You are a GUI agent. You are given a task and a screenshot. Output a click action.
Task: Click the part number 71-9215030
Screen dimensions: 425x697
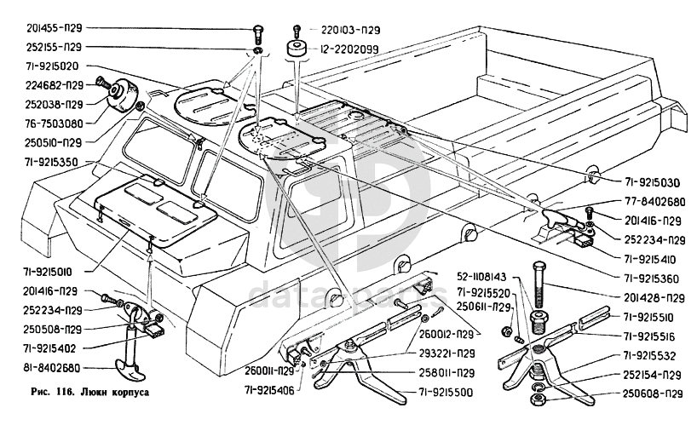(x=648, y=181)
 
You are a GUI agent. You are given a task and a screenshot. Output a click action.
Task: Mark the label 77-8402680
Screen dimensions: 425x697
(x=648, y=202)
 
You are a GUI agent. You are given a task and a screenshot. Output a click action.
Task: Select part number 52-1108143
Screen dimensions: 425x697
(x=479, y=277)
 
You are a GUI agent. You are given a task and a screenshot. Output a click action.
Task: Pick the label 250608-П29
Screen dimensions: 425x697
(x=654, y=394)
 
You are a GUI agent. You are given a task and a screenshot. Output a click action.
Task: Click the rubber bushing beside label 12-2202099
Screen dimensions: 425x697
(x=297, y=49)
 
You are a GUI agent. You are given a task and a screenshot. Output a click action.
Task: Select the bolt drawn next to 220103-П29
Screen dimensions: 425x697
(x=296, y=30)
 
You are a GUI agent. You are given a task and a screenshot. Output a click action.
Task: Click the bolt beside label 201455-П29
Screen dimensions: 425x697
(x=256, y=34)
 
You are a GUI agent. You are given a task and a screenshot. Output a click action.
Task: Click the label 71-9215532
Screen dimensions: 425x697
(x=654, y=355)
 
